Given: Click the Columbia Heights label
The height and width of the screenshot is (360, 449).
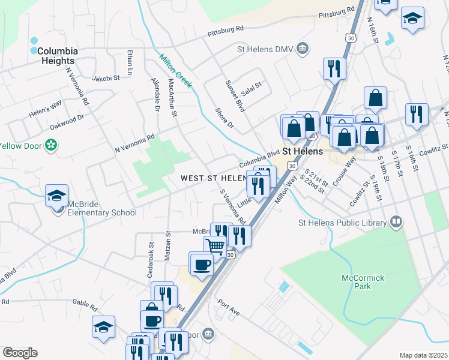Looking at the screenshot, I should [56, 56].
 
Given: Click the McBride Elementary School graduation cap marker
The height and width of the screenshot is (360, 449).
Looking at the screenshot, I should [56, 196].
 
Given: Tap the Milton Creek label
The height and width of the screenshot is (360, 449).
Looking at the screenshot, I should [175, 71].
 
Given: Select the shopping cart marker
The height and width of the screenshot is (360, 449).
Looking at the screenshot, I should [215, 245].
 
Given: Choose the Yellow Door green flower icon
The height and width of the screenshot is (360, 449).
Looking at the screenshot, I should [52, 145].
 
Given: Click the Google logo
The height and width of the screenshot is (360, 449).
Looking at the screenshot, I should [20, 353].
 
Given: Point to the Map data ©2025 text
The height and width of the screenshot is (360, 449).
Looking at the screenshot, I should [423, 355].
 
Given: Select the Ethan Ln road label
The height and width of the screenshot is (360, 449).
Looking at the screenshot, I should [129, 59].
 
